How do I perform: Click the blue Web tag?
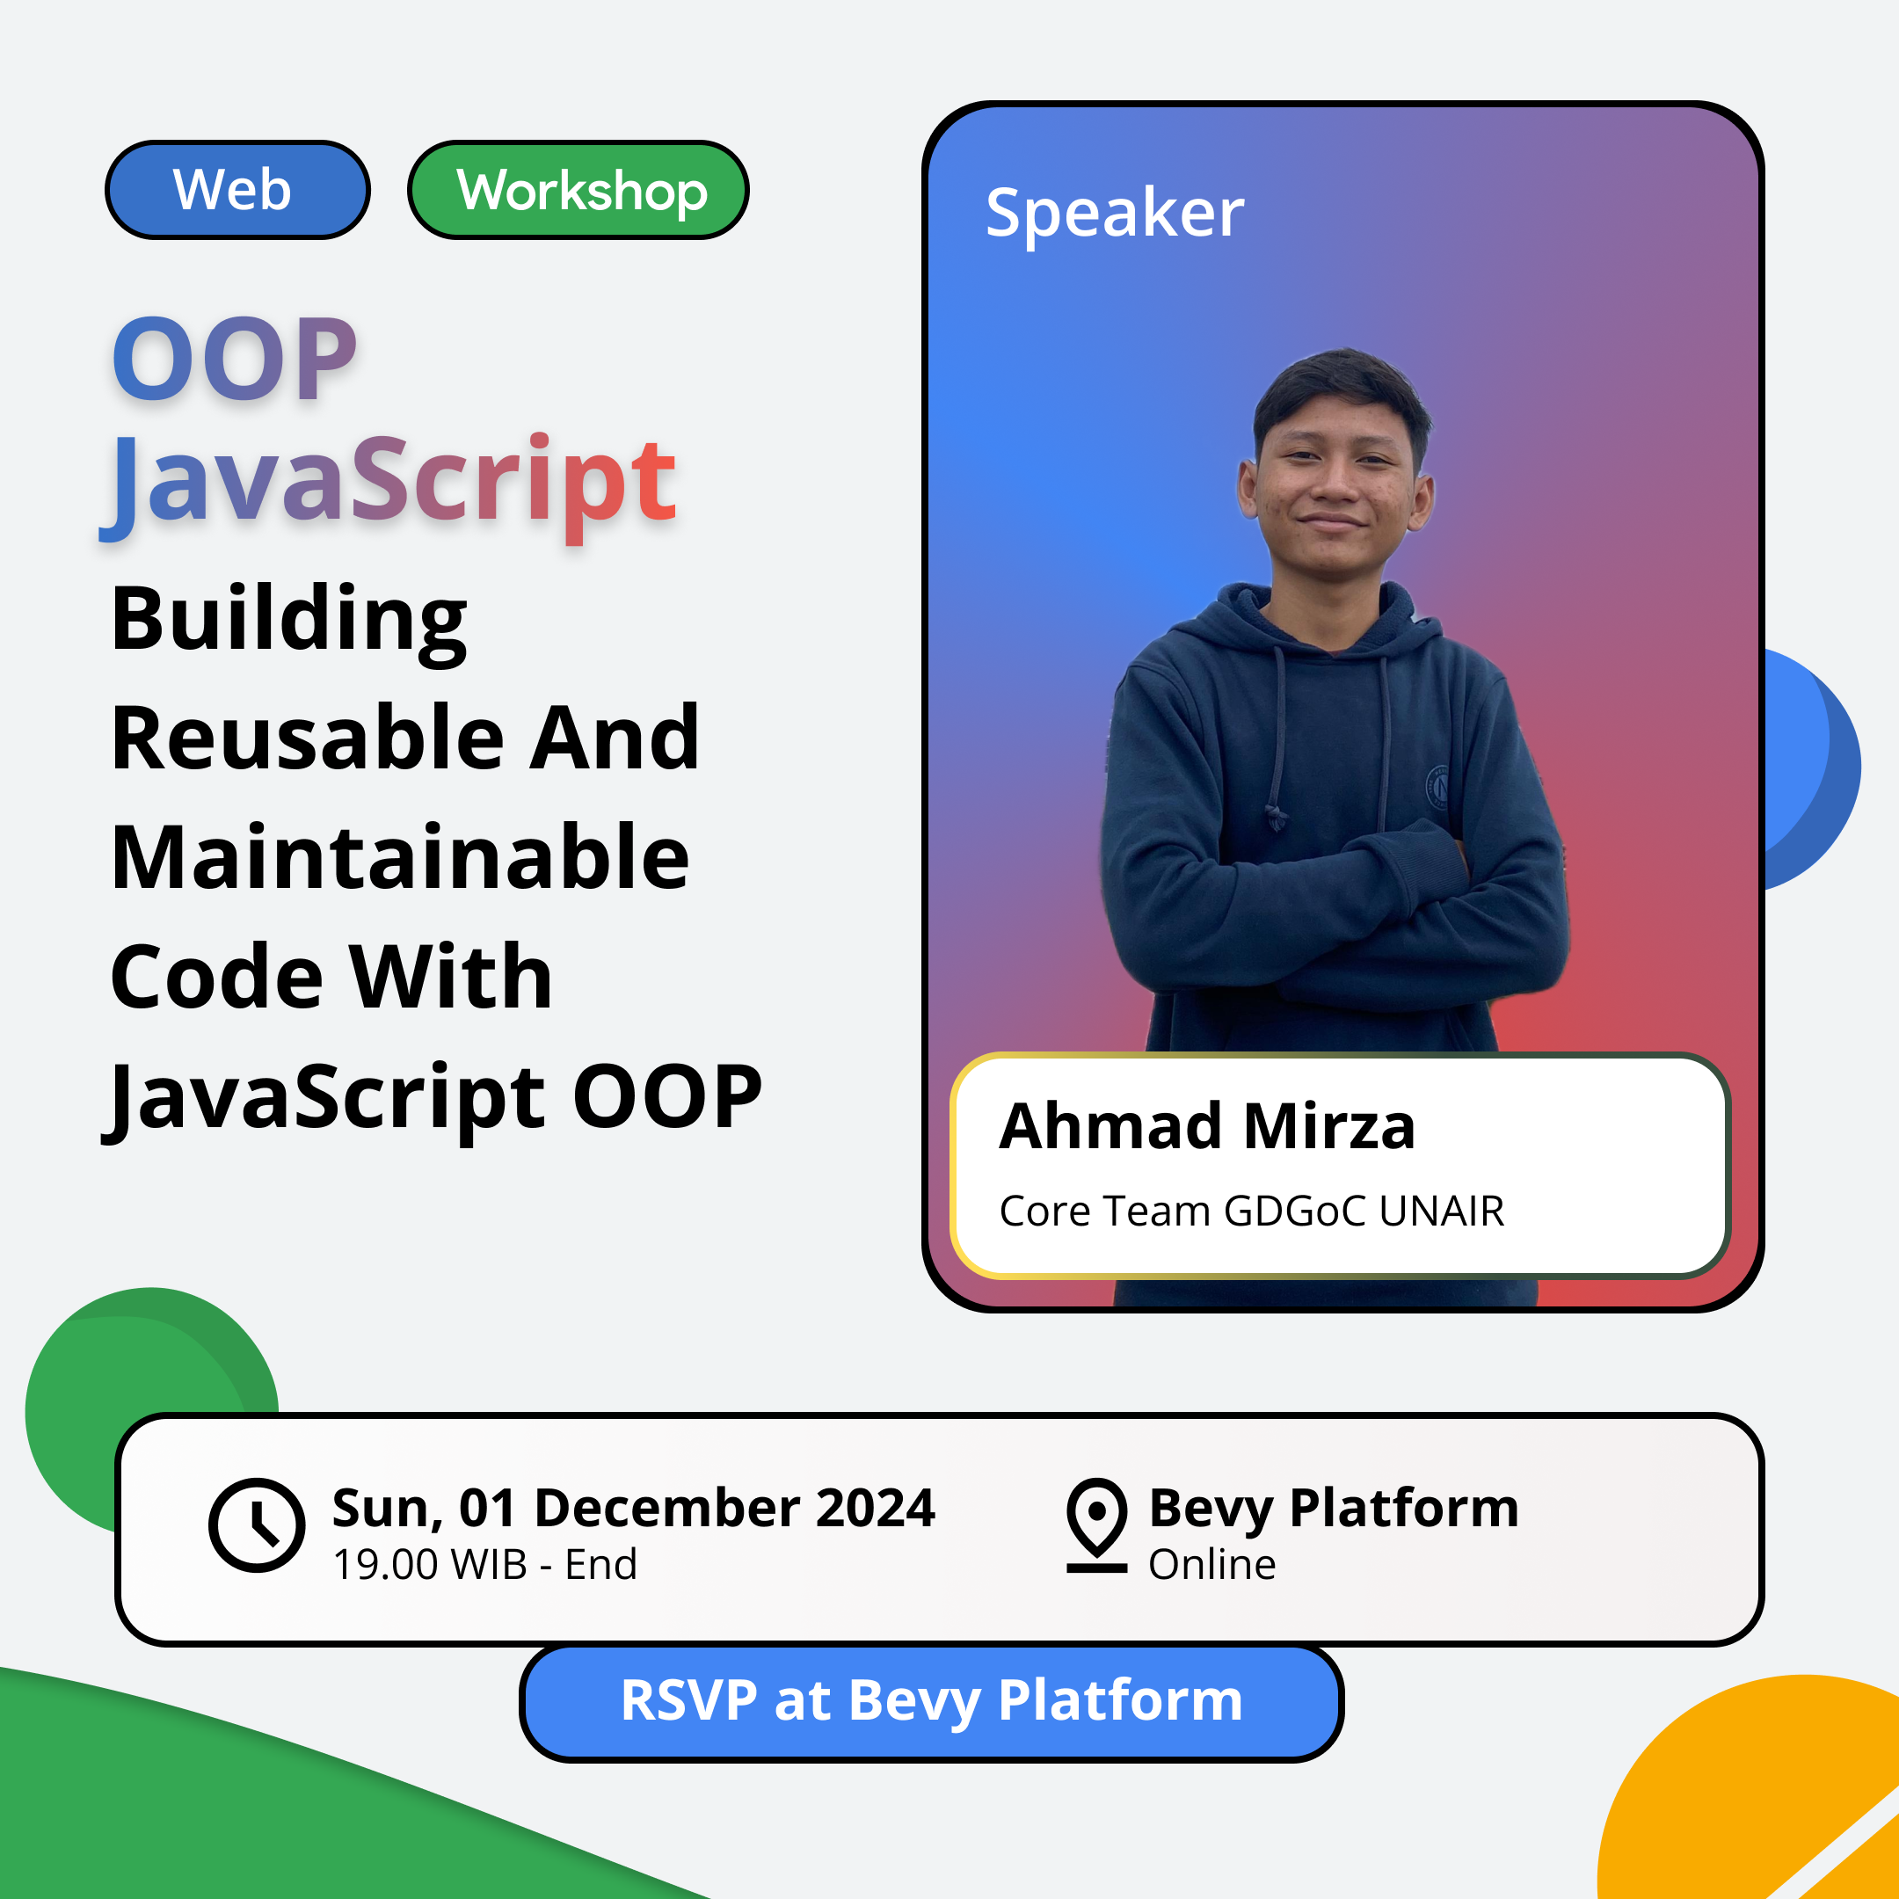pos(236,190)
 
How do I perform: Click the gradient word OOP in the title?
pos(234,359)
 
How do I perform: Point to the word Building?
pos(288,619)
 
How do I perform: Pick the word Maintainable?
pos(399,858)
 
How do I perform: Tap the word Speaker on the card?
pos(1114,214)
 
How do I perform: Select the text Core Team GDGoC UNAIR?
pos(1251,1211)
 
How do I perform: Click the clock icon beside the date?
pos(257,1524)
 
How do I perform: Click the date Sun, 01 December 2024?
pos(633,1508)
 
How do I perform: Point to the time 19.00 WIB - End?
pos(484,1564)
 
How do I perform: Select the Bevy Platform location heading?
pos(1333,1508)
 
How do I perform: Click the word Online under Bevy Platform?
pos(1211,1564)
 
